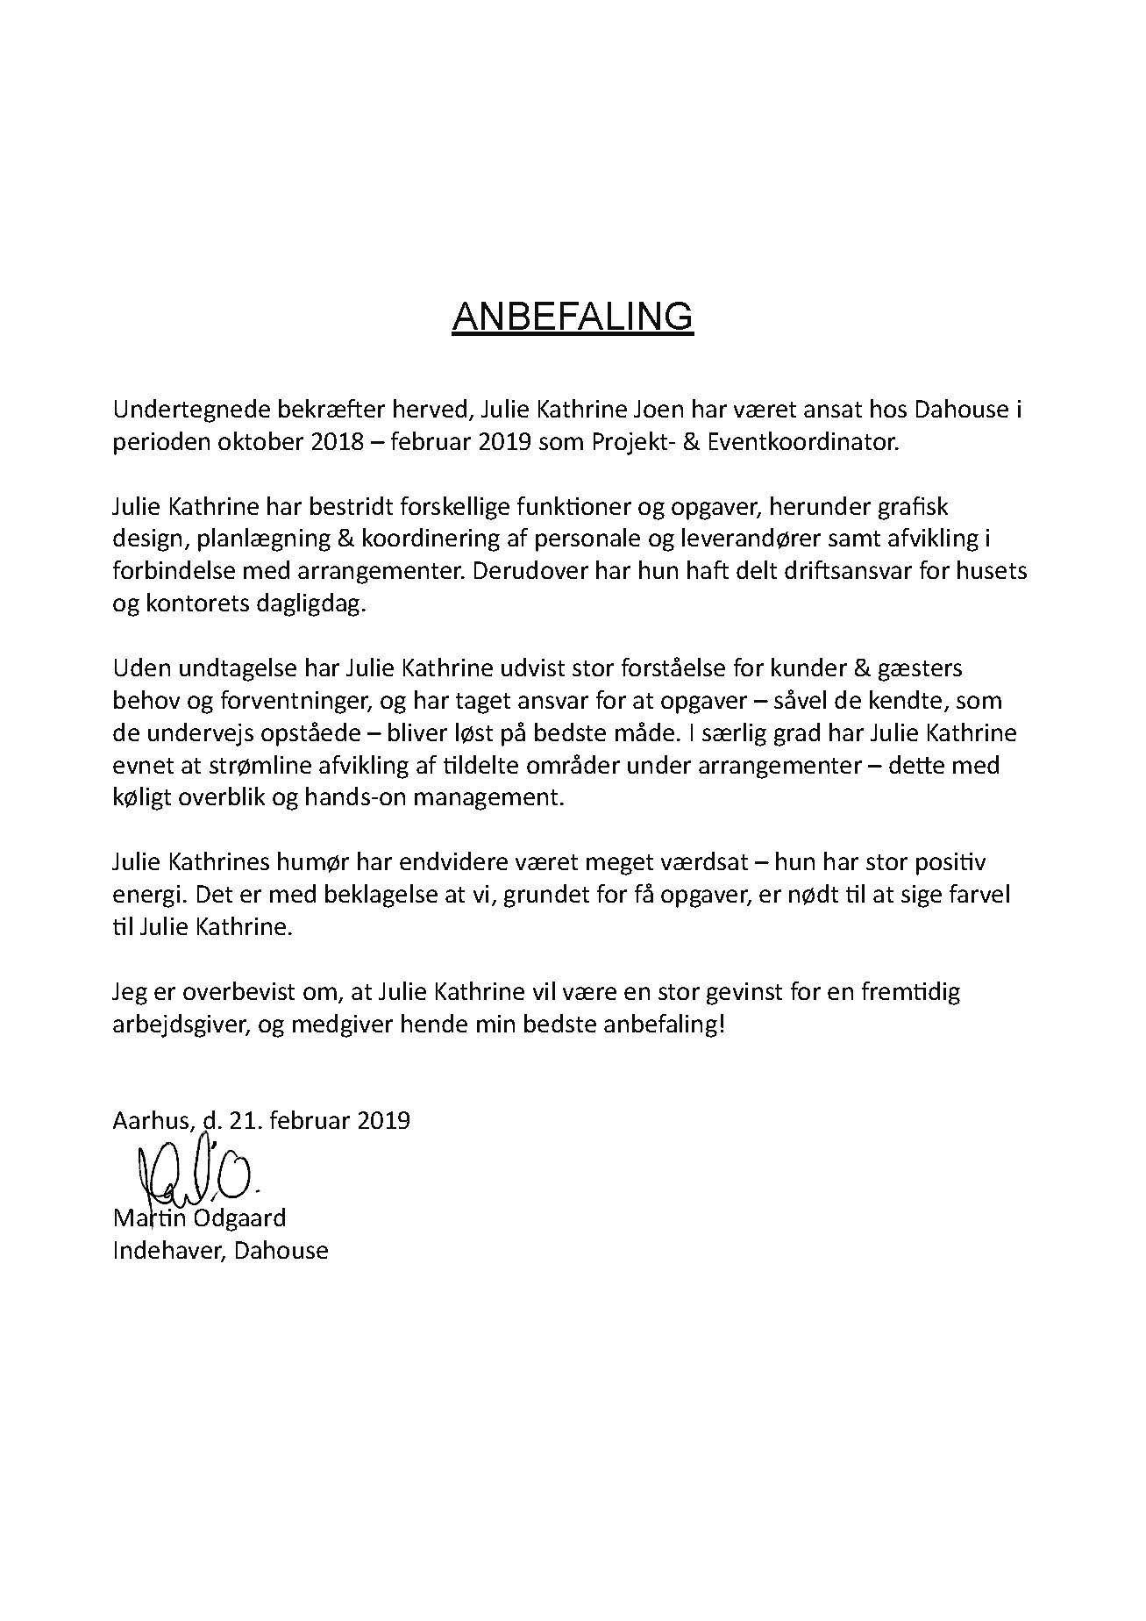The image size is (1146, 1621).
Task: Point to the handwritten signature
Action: click(195, 1168)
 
